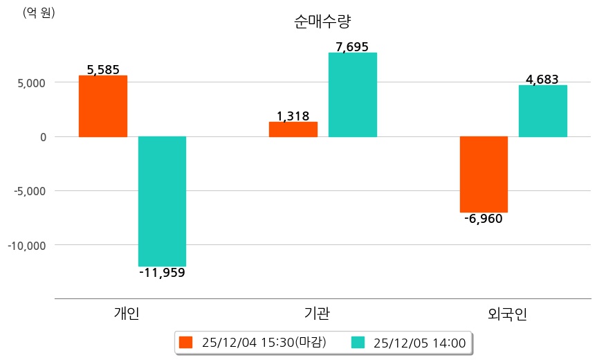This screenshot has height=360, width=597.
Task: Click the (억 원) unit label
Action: tap(39, 12)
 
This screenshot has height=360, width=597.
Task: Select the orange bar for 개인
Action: tap(102, 106)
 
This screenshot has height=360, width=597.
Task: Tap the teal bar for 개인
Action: tap(162, 201)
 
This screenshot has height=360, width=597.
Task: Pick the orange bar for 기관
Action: tap(293, 129)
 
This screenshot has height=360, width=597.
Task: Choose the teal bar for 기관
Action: tap(352, 95)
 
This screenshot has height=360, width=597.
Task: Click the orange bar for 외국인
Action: tap(484, 174)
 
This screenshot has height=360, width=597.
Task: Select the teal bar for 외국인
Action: tap(542, 111)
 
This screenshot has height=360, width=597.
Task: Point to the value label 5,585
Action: tap(103, 69)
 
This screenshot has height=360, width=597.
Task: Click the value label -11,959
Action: tap(162, 273)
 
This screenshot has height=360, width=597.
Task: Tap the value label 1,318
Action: tap(293, 116)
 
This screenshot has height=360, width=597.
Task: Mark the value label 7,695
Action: tap(352, 47)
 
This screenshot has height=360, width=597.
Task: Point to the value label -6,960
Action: tap(484, 219)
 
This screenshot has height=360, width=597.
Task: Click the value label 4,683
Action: tap(542, 80)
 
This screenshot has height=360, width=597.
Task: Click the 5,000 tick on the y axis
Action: tap(31, 82)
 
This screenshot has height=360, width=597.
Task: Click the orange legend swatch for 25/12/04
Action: tap(185, 342)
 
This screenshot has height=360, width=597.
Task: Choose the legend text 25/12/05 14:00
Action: tap(419, 342)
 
